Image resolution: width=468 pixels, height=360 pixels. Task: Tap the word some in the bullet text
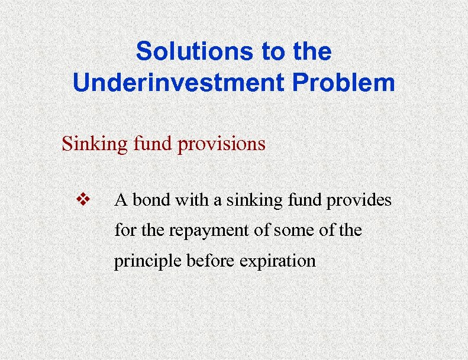pyautogui.click(x=285, y=231)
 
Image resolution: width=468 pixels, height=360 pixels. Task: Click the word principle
pyautogui.click(x=148, y=261)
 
